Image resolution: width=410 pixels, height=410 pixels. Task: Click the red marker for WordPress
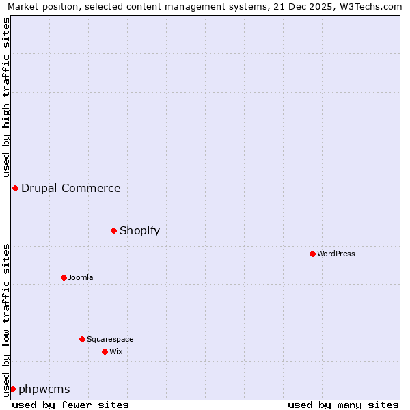[x=312, y=254]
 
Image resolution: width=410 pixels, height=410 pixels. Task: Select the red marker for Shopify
[x=113, y=230]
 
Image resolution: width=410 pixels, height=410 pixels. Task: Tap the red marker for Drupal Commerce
[x=15, y=188]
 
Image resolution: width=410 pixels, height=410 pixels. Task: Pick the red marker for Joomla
[x=64, y=277]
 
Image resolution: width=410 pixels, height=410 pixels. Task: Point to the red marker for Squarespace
[x=82, y=339]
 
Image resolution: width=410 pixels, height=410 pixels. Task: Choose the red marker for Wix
[x=105, y=351]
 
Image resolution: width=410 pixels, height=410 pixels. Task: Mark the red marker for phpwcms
[x=12, y=389]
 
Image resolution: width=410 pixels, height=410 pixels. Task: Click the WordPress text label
[x=336, y=254]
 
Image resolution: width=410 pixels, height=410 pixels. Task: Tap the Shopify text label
[x=139, y=230]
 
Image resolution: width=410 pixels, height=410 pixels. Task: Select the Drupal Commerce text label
[x=70, y=188]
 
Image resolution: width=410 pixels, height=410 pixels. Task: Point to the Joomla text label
[x=81, y=277]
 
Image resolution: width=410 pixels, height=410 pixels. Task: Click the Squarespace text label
[x=110, y=339]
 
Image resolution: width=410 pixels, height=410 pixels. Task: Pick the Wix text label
[x=115, y=351]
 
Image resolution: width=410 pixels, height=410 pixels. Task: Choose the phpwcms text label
[x=44, y=389]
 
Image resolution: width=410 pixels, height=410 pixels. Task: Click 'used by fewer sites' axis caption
[x=70, y=405]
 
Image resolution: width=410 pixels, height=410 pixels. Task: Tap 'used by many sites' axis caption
[x=343, y=405]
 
